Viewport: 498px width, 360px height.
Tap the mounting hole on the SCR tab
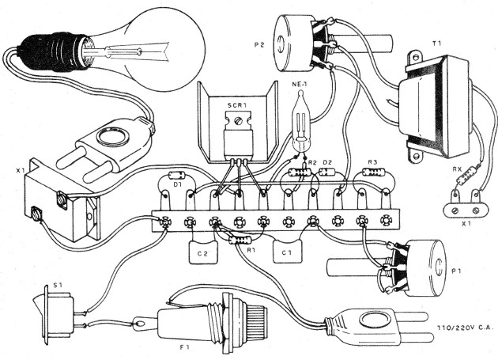click(x=235, y=120)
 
